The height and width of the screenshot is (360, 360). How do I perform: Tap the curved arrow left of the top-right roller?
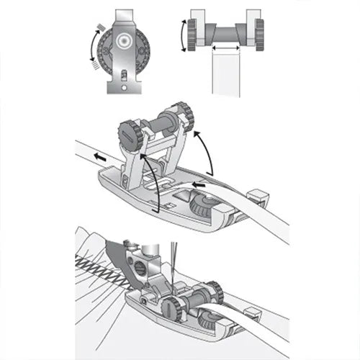tap(181, 35)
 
